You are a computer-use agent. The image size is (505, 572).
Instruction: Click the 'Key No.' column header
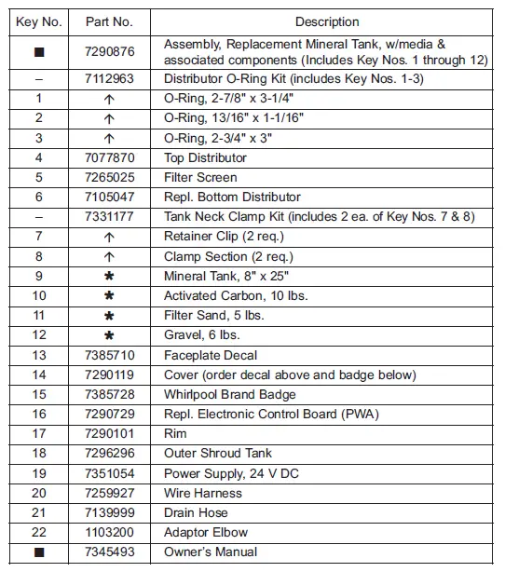point(38,21)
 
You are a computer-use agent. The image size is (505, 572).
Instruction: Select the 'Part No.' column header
point(109,21)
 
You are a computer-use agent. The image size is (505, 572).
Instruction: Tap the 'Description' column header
point(326,21)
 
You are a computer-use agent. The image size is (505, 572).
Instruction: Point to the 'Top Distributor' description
point(205,157)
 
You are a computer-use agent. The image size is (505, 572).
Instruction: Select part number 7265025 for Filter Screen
point(109,177)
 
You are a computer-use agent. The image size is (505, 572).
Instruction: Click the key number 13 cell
point(38,355)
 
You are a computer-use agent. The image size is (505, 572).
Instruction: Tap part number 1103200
point(109,532)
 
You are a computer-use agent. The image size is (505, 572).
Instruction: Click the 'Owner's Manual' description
point(209,552)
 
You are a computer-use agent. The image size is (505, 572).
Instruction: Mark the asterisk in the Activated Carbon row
point(109,296)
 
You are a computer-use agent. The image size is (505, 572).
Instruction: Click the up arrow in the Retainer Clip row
point(109,237)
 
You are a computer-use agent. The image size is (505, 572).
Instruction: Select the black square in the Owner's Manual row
point(38,552)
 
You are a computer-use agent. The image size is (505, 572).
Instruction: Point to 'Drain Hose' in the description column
point(196,512)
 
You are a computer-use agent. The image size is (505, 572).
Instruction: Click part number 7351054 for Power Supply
point(109,473)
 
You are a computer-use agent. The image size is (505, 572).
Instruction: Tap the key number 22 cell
point(38,532)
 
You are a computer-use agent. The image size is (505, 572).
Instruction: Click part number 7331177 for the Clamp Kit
point(109,217)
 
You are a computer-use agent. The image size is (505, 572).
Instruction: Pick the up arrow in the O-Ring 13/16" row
point(109,118)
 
